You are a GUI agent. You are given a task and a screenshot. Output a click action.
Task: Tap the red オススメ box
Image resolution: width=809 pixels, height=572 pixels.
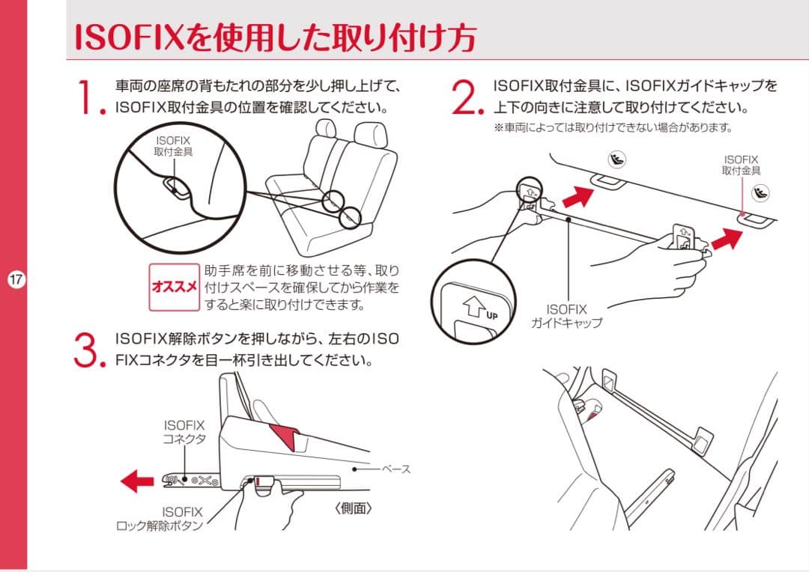(x=174, y=287)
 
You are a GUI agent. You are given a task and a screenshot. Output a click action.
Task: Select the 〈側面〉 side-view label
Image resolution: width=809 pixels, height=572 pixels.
(x=354, y=508)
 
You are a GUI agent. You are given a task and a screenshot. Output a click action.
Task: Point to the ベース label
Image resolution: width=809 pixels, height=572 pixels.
(x=396, y=469)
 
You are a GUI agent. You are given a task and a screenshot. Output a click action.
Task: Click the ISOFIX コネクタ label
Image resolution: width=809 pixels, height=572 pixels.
(x=184, y=432)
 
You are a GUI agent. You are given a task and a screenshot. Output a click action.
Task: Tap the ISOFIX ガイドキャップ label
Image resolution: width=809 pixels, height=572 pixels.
(x=566, y=316)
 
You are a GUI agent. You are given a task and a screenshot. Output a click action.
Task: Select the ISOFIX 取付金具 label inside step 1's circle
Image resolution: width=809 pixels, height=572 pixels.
(x=174, y=146)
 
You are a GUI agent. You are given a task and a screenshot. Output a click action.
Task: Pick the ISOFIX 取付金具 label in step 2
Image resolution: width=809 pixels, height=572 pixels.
(x=741, y=165)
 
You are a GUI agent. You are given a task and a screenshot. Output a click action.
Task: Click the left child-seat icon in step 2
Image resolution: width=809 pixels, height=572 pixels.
(x=617, y=159)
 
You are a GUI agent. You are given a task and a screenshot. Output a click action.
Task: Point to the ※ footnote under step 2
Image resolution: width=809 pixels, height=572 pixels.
(x=612, y=127)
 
